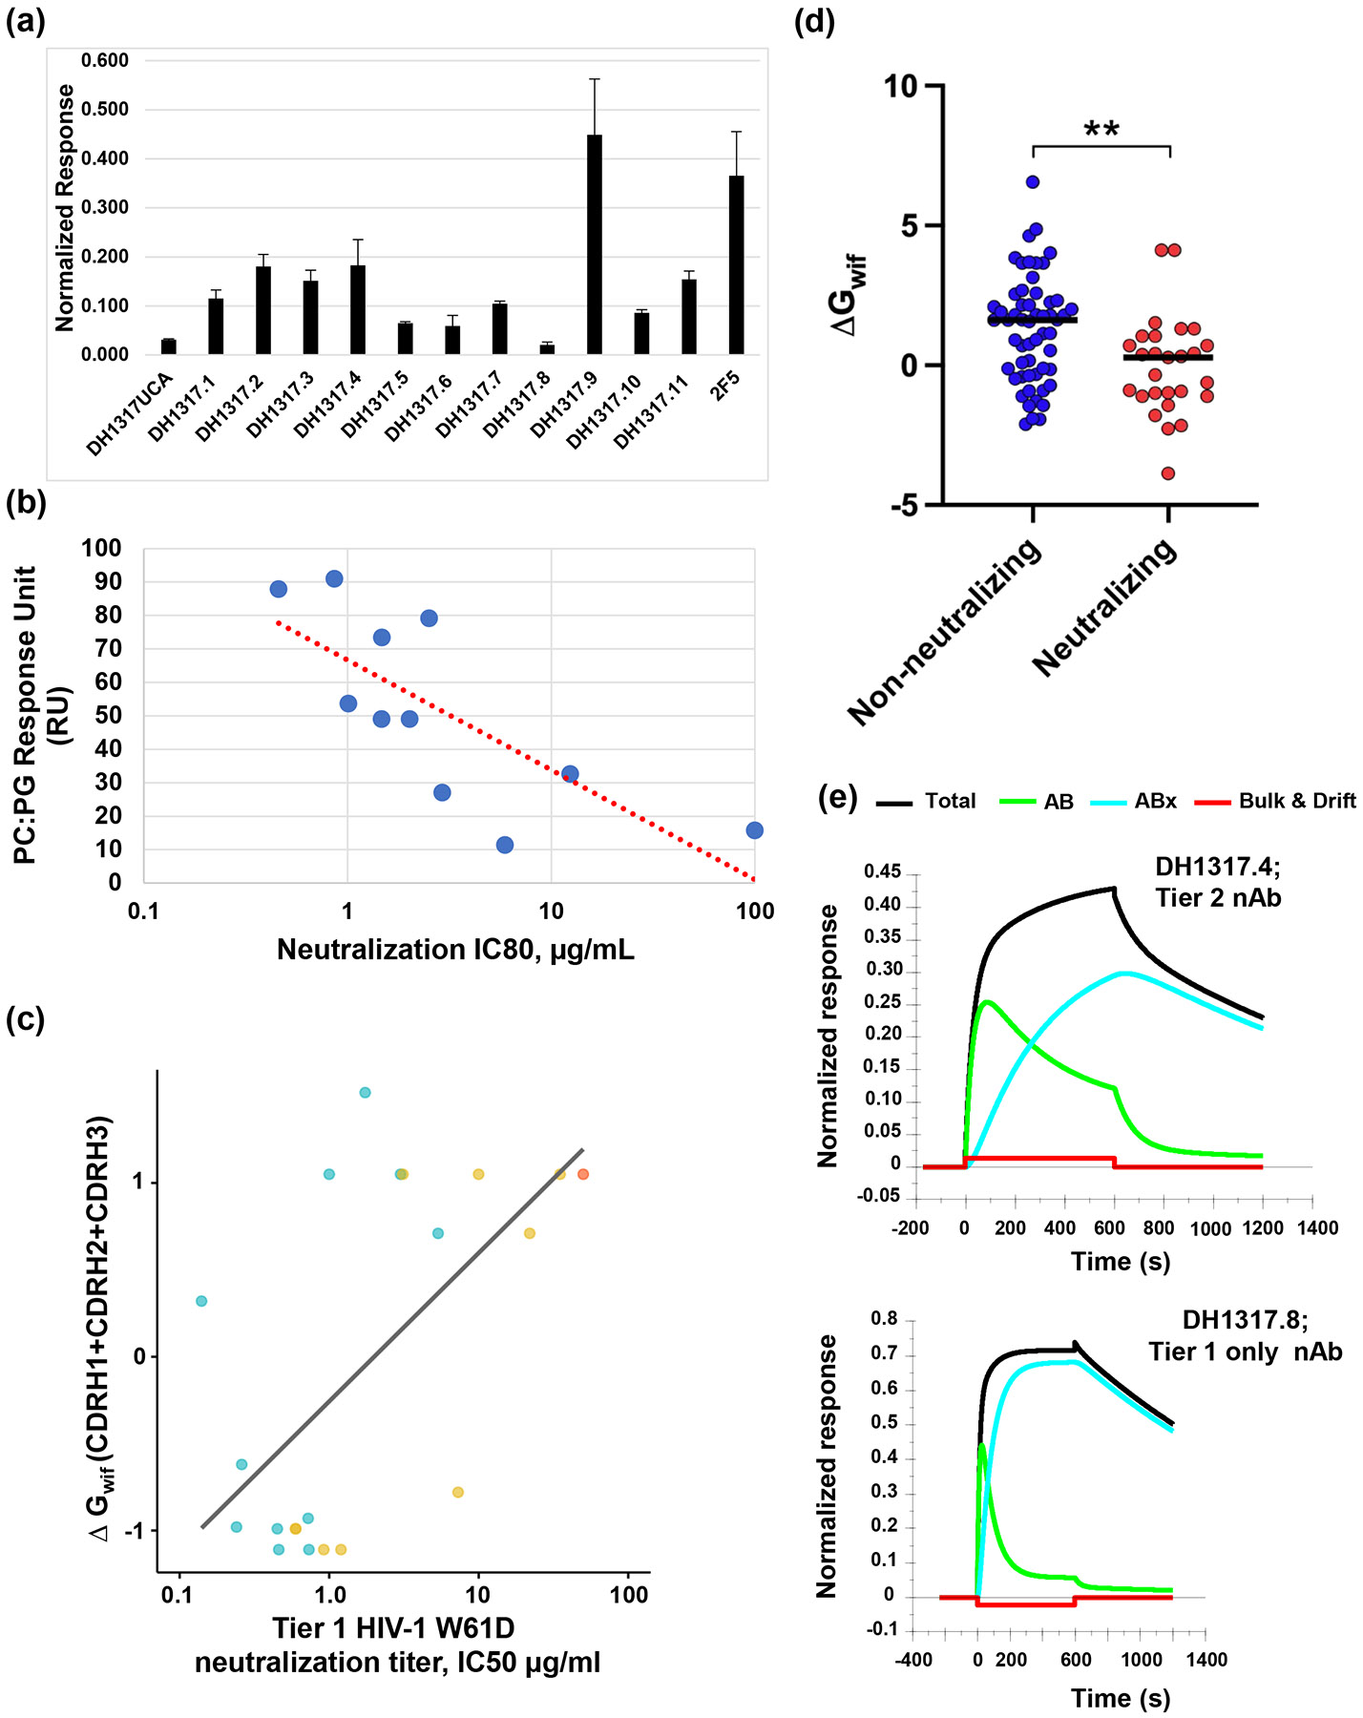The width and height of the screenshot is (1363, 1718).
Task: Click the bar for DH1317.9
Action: [594, 244]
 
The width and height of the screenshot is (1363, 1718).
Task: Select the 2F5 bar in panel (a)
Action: [736, 264]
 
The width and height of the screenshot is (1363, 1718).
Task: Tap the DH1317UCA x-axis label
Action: [131, 414]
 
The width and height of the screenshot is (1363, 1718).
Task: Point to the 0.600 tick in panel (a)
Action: [105, 61]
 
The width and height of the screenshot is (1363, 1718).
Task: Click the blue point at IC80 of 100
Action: [754, 830]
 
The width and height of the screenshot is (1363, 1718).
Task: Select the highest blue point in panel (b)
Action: [334, 579]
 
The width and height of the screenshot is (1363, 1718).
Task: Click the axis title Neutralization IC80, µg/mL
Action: [455, 950]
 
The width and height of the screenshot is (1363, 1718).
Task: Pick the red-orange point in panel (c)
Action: [583, 1174]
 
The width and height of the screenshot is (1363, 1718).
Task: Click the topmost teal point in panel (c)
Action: [365, 1093]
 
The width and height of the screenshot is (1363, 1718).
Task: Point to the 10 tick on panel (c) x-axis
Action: [477, 1594]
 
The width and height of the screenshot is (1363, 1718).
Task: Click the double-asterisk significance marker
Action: [1101, 130]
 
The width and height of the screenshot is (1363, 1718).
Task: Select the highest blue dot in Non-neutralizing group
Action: [1033, 181]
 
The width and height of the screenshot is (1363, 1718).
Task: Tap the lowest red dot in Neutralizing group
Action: [1168, 473]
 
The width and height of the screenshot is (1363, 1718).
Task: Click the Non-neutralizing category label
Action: [944, 632]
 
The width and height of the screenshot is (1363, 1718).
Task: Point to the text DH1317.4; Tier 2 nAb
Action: [1218, 882]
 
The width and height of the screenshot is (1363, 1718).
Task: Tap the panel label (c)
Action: [26, 1019]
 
